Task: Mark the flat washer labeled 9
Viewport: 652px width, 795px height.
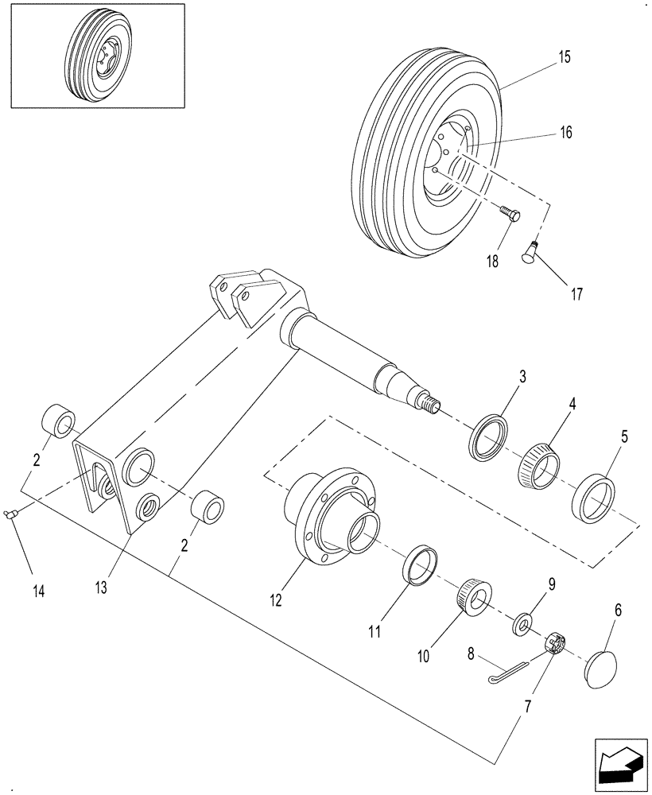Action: pyautogui.click(x=523, y=622)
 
